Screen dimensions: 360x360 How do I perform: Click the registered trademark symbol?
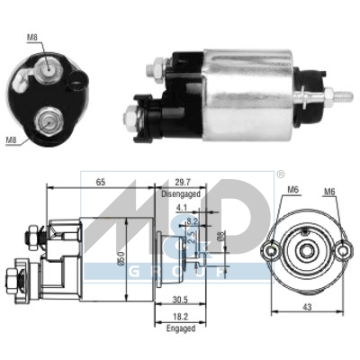(x=280, y=173)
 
